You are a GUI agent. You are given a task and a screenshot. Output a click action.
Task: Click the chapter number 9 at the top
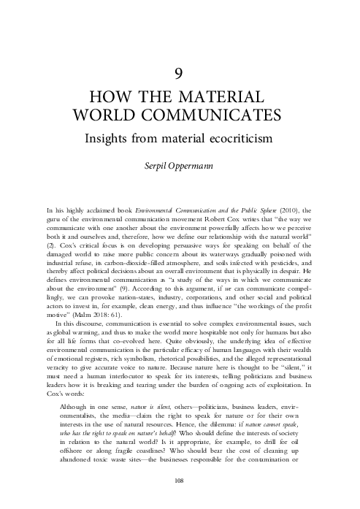click(180, 74)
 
